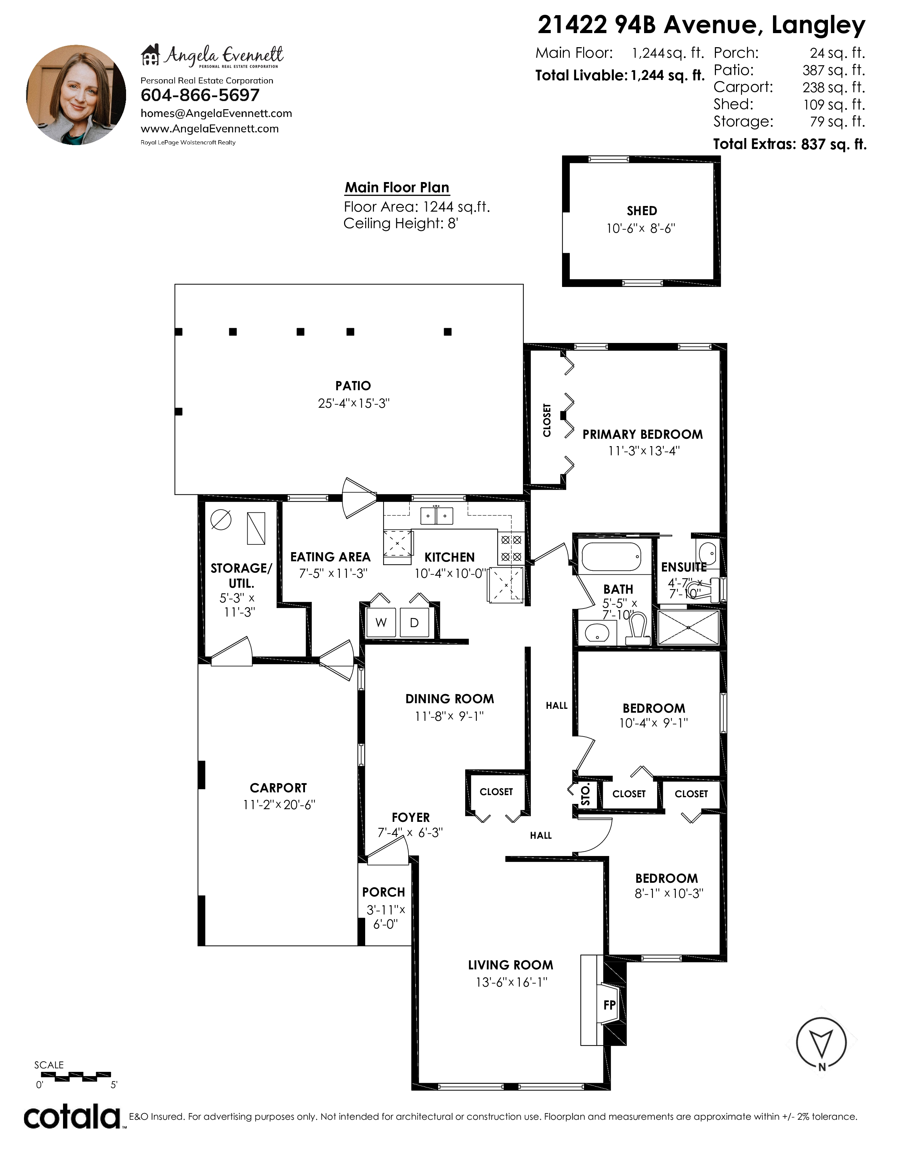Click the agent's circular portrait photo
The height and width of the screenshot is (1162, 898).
tap(76, 95)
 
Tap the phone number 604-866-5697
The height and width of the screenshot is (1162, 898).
tap(200, 95)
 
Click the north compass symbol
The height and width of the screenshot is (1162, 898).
tap(821, 1045)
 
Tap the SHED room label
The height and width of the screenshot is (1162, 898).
tap(642, 211)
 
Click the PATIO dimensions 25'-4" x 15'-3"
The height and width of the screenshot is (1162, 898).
tap(354, 403)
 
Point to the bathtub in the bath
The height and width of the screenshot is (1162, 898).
tap(611, 556)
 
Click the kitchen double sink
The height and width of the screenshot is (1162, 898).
tap(437, 516)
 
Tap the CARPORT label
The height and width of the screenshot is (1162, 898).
tap(278, 787)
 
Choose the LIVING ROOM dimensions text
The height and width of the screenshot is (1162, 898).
tap(511, 982)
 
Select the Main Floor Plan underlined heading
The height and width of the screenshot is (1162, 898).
tap(397, 188)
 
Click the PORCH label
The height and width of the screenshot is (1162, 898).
tap(383, 892)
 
